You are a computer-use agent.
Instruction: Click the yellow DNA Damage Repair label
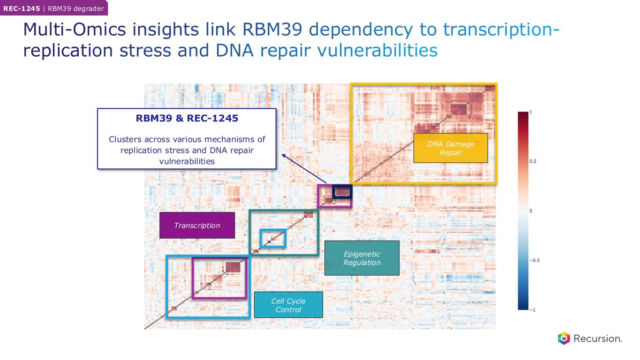[x=450, y=148]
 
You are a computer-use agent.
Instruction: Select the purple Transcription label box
[x=197, y=225]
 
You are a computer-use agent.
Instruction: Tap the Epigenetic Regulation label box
[x=361, y=258]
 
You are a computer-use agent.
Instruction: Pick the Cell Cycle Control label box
[x=288, y=305]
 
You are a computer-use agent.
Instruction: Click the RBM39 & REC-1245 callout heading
[x=187, y=119]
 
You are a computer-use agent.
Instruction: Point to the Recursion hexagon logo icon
[x=564, y=338]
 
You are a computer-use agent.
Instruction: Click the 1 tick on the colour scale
[x=531, y=112]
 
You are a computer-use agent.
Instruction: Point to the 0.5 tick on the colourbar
[x=534, y=161]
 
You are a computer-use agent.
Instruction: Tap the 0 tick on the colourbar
[x=531, y=211]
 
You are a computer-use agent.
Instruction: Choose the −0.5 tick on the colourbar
[x=535, y=261]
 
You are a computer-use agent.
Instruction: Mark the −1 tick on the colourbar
[x=533, y=310]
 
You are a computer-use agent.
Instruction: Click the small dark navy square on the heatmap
[x=342, y=191]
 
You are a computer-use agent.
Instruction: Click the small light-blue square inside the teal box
[x=273, y=238]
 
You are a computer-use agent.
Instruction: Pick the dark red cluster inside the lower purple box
[x=233, y=268]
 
